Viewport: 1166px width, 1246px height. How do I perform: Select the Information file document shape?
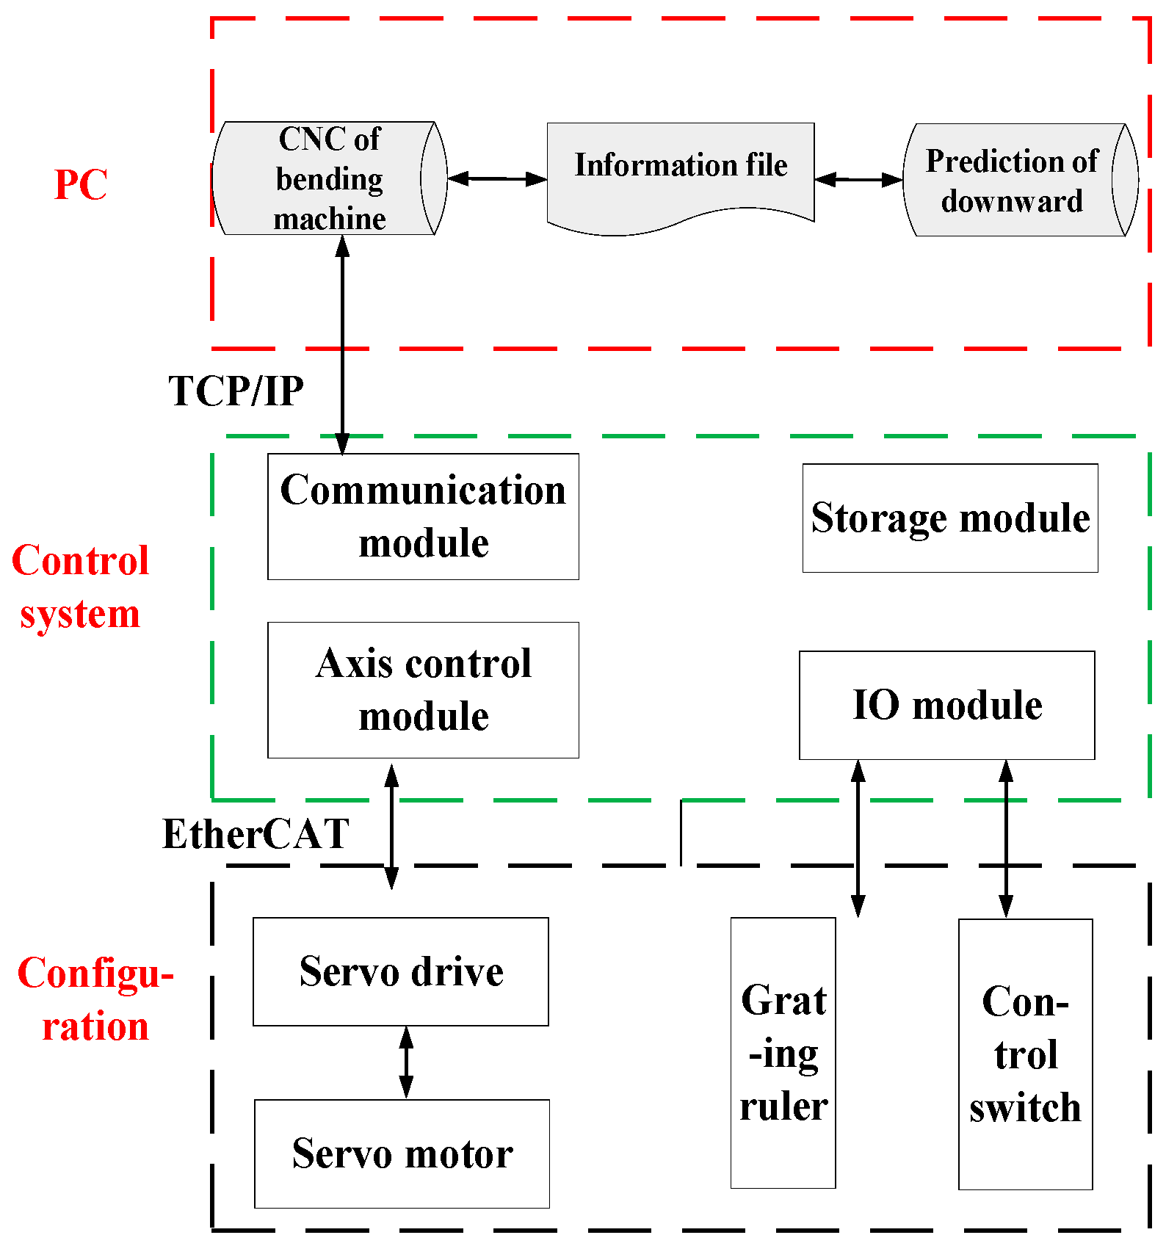point(681,173)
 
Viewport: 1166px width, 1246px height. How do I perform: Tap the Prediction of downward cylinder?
point(1013,181)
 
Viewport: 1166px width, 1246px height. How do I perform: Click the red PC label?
point(81,185)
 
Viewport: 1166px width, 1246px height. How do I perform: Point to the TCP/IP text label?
point(236,391)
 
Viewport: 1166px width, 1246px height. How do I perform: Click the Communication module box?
point(423,517)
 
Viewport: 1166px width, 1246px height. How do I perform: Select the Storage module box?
point(950,518)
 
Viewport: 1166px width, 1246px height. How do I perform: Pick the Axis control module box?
point(423,690)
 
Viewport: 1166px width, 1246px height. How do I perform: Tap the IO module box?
point(946,705)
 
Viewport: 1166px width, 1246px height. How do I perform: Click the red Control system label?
point(79,587)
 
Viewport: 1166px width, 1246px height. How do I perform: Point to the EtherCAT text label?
point(256,835)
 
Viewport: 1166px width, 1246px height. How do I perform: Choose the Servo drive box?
point(401,971)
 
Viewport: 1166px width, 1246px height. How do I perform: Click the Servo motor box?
point(402,1153)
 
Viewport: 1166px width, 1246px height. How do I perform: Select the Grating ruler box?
point(783,1052)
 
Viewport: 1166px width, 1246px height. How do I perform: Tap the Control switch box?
point(1025,1054)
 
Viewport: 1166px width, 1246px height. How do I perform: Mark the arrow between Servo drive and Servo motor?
point(406,1062)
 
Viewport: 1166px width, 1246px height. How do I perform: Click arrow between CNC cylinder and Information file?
point(497,178)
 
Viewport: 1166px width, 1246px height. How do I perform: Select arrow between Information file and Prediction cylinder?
point(858,179)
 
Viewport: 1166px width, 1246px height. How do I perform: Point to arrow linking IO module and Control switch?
point(1006,838)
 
